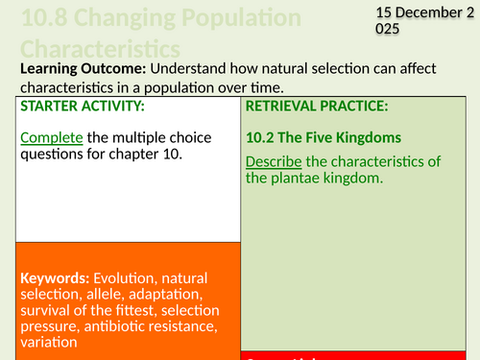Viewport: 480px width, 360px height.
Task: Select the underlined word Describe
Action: (276, 160)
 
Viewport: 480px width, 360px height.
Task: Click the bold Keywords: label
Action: (54, 279)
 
